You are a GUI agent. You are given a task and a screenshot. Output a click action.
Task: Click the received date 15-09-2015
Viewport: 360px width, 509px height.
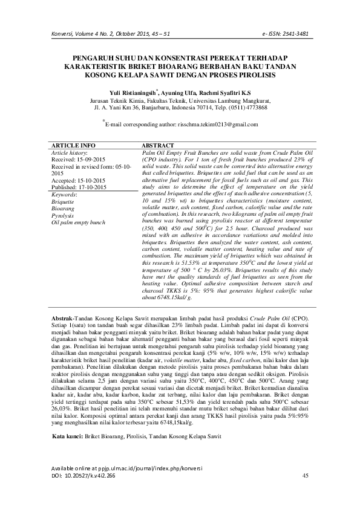point(92,160)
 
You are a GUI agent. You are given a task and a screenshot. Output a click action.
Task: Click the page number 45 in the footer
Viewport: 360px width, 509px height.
point(306,476)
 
